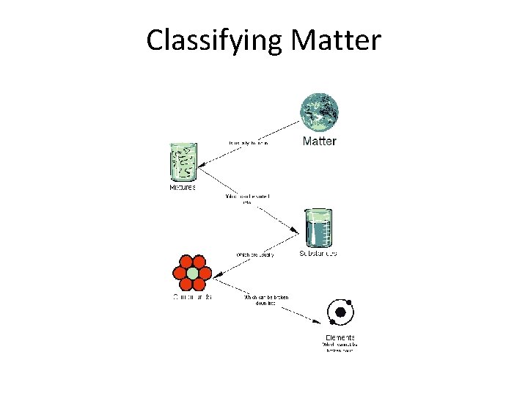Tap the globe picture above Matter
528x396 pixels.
[320, 112]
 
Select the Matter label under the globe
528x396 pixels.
[319, 141]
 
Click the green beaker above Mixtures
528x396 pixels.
[183, 162]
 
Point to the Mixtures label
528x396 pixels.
[183, 188]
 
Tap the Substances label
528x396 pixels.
[318, 254]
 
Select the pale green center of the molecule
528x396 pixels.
[192, 274]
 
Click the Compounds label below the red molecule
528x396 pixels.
[191, 297]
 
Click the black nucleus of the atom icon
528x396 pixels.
[340, 313]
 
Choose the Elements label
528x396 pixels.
[339, 337]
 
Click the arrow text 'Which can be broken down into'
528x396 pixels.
[265, 300]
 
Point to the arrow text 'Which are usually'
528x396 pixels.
[254, 254]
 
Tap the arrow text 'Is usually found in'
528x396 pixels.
[249, 143]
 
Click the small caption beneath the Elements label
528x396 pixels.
[339, 347]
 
